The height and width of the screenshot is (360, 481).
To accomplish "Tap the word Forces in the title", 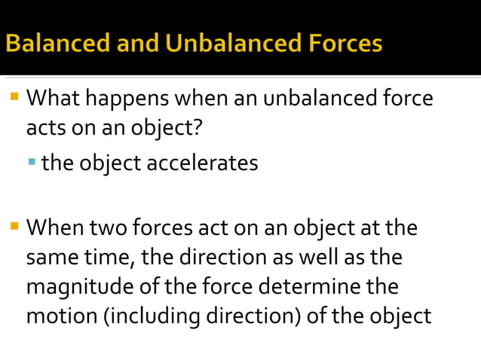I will pyautogui.click(x=343, y=43).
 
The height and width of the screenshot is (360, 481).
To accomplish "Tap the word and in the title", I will pyautogui.click(x=138, y=43).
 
